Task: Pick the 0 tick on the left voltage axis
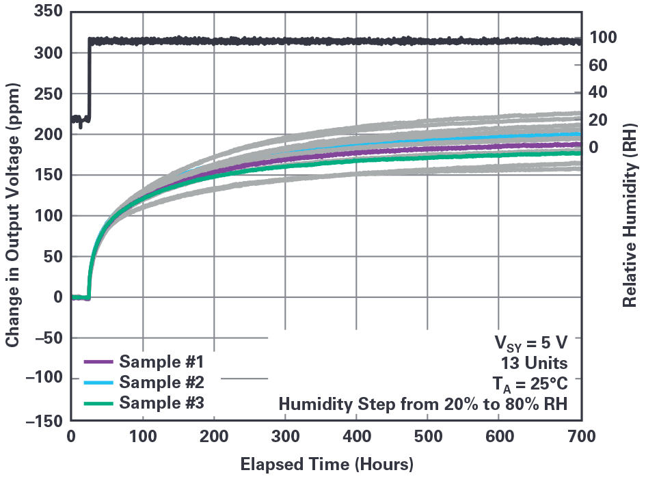click(x=58, y=297)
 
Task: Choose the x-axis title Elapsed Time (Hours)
click(x=327, y=465)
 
